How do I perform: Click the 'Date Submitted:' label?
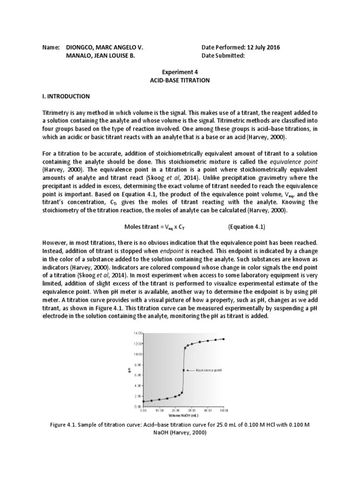click(223, 56)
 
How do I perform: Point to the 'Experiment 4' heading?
click(180, 73)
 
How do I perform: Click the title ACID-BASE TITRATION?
click(180, 81)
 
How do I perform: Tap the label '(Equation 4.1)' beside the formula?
click(247, 227)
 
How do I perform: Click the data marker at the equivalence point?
click(183, 370)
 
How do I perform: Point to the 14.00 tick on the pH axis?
click(137, 333)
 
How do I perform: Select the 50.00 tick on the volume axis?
click(224, 410)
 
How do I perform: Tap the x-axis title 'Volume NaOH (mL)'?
click(183, 415)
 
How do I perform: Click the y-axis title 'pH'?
click(129, 370)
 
